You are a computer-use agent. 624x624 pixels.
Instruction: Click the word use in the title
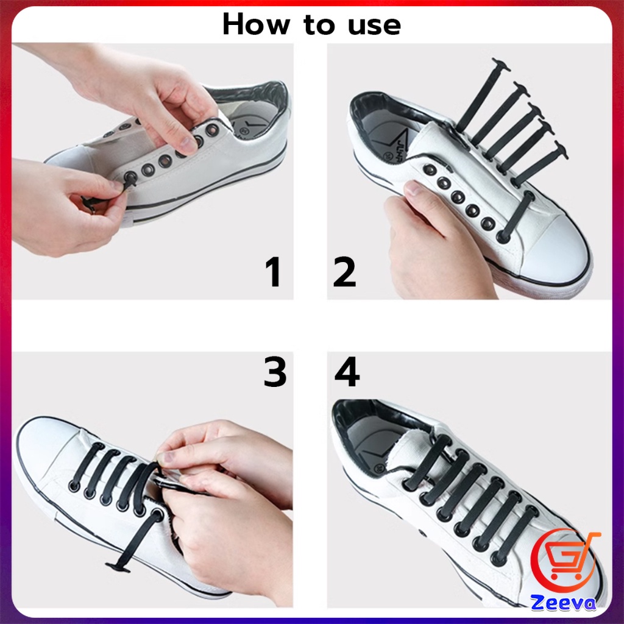coord(374,26)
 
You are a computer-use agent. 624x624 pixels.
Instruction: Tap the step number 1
coord(274,272)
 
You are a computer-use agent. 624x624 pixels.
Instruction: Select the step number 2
coord(344,272)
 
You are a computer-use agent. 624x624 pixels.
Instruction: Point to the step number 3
coord(275,372)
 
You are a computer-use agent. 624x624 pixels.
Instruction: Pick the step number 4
coord(347,372)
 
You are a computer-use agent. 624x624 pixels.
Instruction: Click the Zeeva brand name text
coord(564,603)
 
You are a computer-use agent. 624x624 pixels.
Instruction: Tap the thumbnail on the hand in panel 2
coord(414,188)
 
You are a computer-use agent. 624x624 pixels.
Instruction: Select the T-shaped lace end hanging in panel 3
coord(118,567)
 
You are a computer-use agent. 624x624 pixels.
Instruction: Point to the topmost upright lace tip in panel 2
coord(501,65)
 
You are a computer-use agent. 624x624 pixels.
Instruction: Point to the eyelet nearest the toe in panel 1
coord(130,177)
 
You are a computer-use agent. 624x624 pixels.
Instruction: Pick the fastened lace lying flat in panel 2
coord(516,216)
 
